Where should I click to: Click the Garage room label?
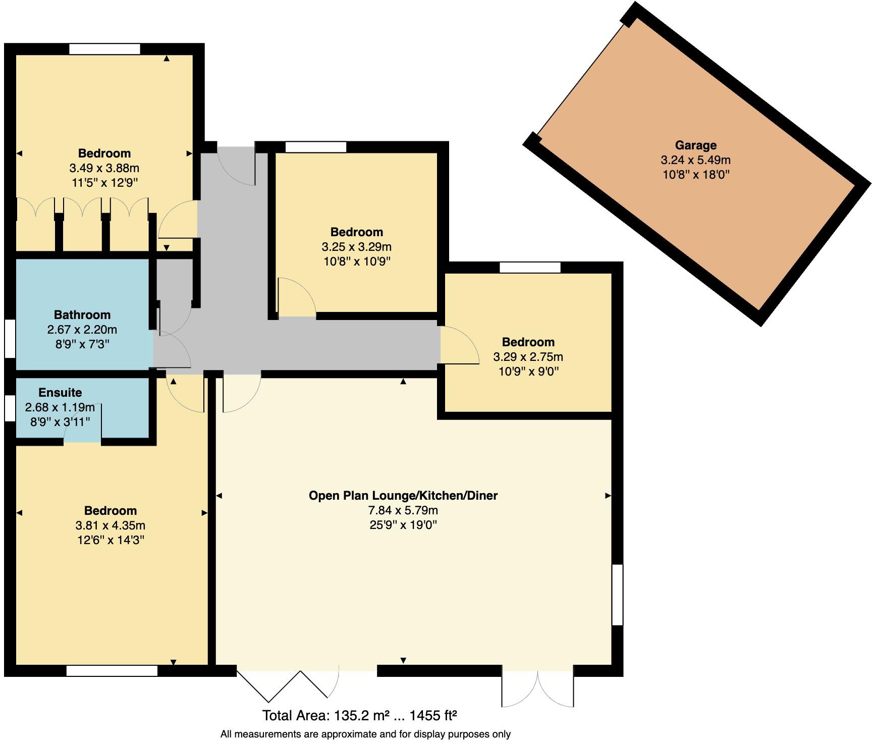(x=695, y=145)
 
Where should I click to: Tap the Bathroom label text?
(x=82, y=315)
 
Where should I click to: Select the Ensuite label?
(x=60, y=393)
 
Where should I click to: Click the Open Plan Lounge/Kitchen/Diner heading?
(x=403, y=496)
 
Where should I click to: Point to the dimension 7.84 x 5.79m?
(x=403, y=510)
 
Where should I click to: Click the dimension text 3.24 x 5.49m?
(x=695, y=160)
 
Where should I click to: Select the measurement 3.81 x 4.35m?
(x=110, y=525)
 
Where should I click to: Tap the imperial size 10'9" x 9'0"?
(x=528, y=371)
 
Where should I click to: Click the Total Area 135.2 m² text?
(x=359, y=715)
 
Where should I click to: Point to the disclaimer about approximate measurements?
(x=365, y=734)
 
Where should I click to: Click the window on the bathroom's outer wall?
(x=10, y=338)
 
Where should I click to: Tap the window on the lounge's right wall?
(x=617, y=595)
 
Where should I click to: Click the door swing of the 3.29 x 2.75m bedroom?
(x=458, y=346)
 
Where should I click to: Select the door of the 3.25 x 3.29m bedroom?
(x=296, y=298)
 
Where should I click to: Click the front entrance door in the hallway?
(x=236, y=166)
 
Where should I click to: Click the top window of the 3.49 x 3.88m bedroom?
(x=104, y=49)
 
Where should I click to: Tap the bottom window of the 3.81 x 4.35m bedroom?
(x=112, y=671)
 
